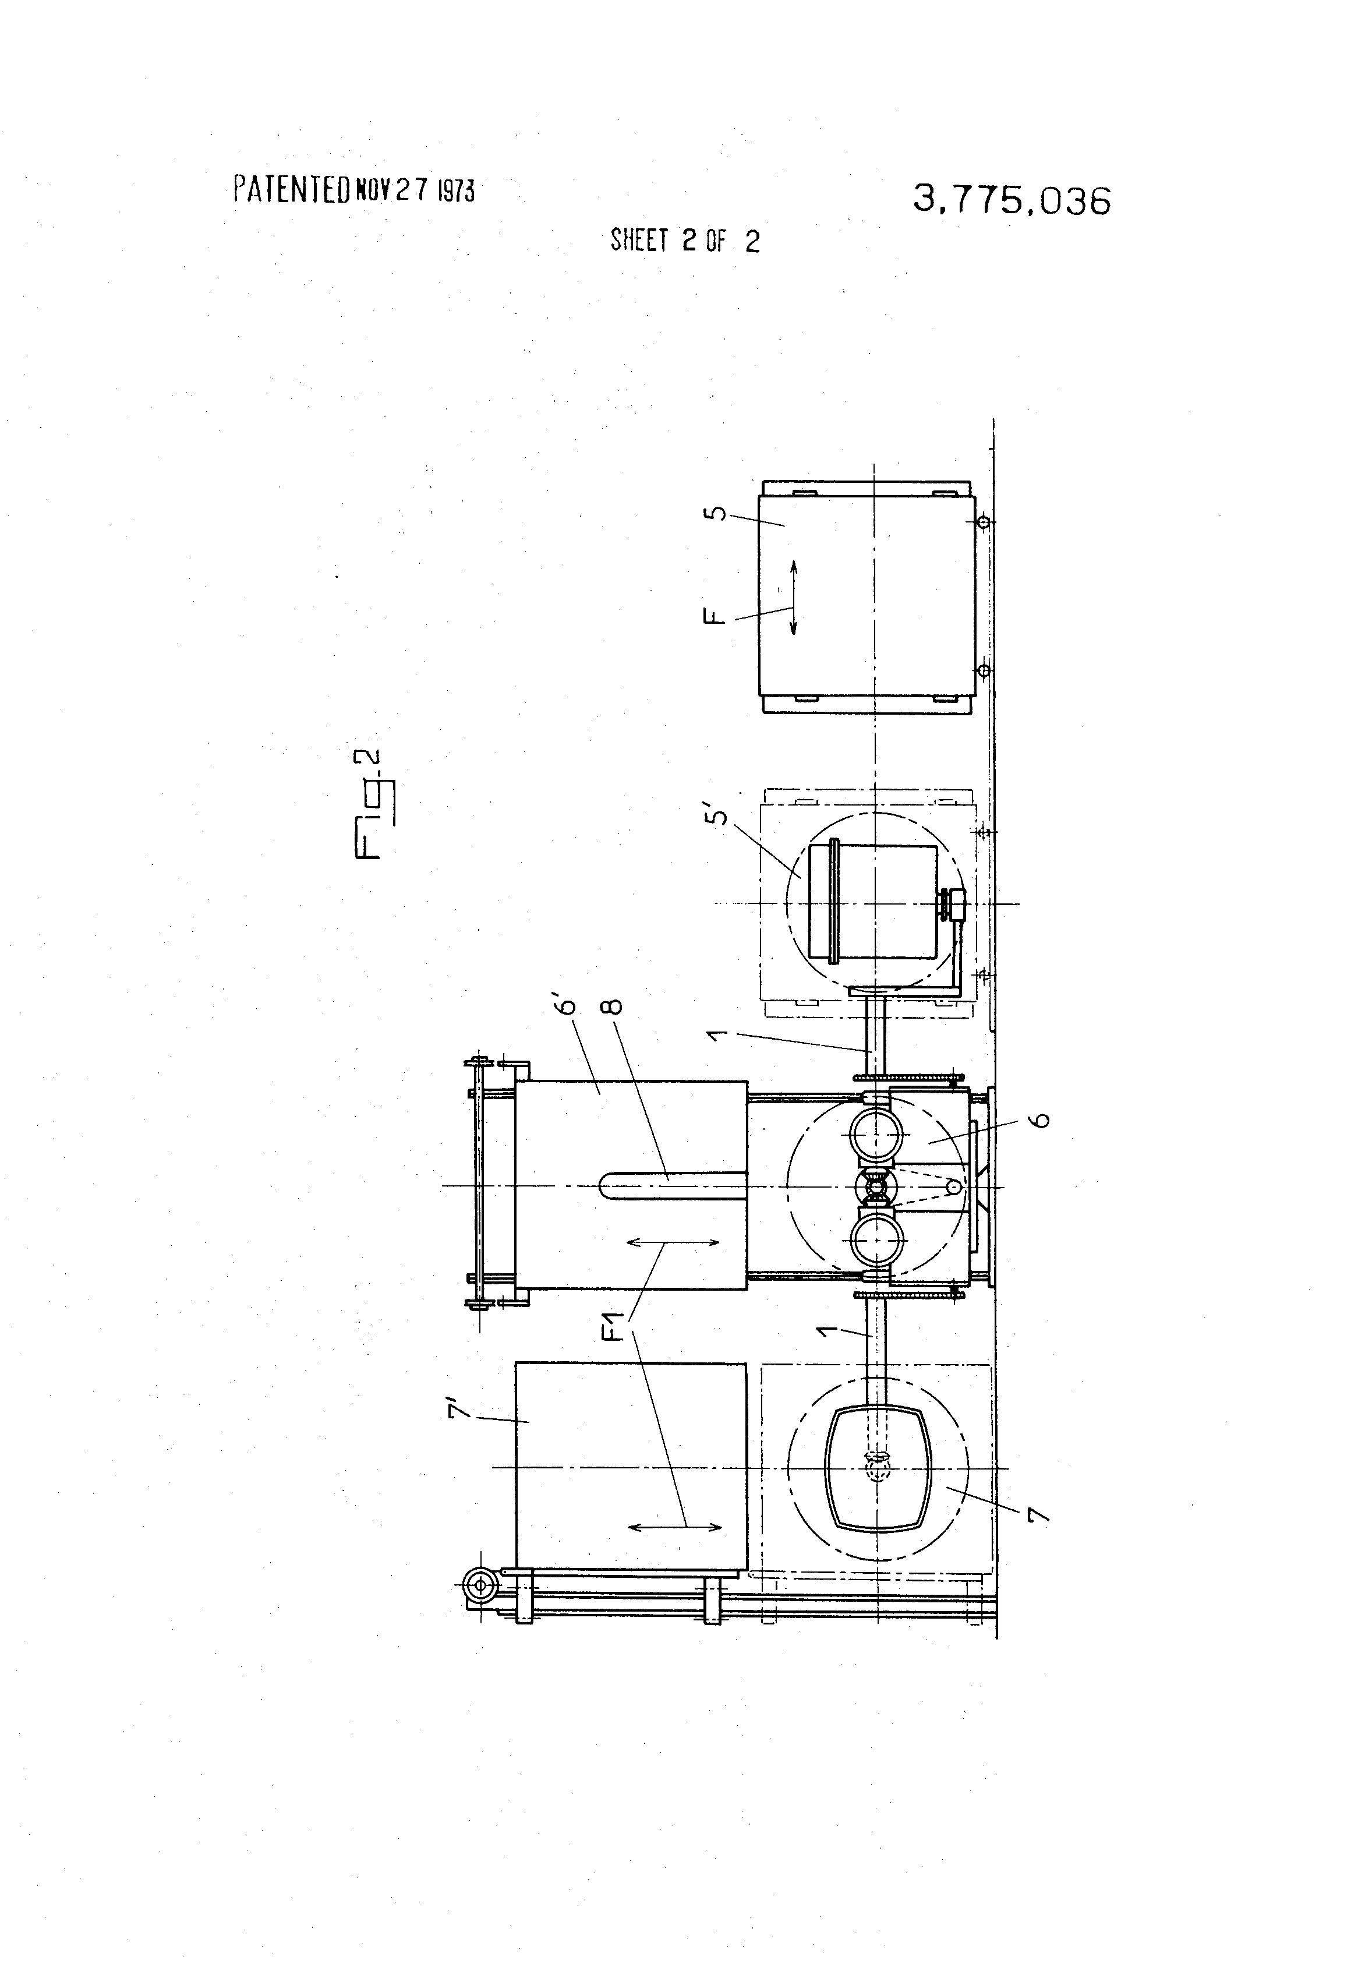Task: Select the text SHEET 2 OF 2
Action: pos(685,241)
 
